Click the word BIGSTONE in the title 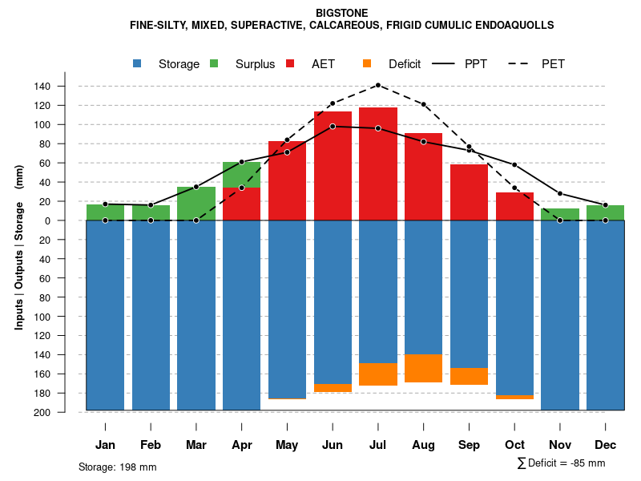341,13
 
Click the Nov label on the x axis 560,445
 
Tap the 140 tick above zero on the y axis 64,86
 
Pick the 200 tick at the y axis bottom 64,412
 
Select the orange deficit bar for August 424,368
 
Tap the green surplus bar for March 196,204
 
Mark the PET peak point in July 378,85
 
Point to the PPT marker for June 333,126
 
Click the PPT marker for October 514,165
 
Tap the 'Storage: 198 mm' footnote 117,467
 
